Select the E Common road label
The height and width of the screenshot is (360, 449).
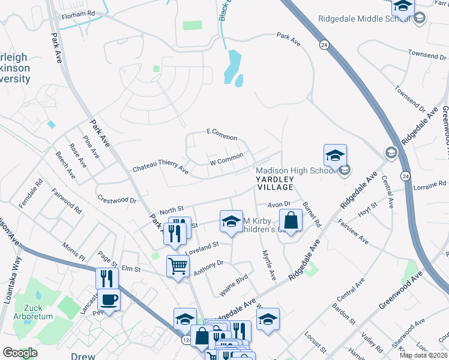(x=221, y=134)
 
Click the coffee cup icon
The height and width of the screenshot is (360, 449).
(x=109, y=298)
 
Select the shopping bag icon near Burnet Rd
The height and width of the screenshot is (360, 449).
(x=291, y=220)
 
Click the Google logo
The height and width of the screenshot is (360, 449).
(x=20, y=353)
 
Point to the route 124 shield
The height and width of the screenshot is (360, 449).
(x=187, y=340)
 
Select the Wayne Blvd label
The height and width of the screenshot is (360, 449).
(x=234, y=281)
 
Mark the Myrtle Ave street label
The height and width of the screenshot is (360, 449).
(x=267, y=266)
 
